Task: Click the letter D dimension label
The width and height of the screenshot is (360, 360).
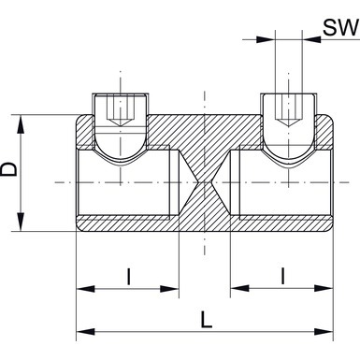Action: pyautogui.click(x=9, y=170)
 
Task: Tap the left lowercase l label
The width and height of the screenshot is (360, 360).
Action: pyautogui.click(x=129, y=277)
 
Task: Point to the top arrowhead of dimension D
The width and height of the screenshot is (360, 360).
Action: pyautogui.click(x=21, y=124)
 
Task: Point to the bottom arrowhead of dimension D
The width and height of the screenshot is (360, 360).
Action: pyautogui.click(x=21, y=222)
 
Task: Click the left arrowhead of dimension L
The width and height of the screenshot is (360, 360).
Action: pyautogui.click(x=85, y=331)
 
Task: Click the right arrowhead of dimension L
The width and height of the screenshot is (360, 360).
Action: pyautogui.click(x=324, y=331)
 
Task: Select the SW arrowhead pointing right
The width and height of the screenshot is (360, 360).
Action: pyautogui.click(x=266, y=39)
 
